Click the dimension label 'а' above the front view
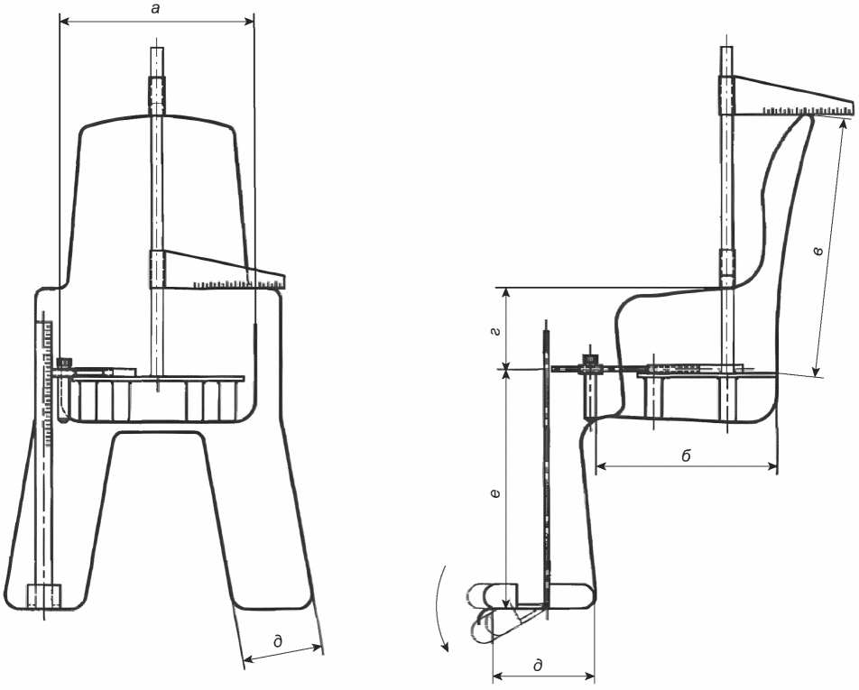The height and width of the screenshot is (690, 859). tap(155, 10)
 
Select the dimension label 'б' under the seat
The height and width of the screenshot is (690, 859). tap(687, 455)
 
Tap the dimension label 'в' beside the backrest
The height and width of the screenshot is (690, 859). tap(818, 251)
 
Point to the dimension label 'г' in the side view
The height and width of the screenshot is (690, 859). tap(497, 333)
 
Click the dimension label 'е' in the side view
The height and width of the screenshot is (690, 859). tap(495, 493)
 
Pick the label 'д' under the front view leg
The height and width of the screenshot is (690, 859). tap(278, 640)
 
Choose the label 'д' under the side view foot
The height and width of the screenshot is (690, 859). tap(538, 665)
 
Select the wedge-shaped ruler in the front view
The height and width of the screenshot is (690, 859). tap(217, 270)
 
